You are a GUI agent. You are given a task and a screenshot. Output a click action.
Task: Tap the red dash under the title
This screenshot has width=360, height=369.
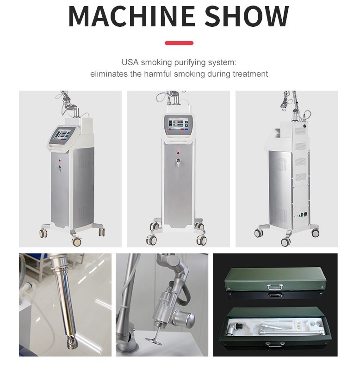click(179, 43)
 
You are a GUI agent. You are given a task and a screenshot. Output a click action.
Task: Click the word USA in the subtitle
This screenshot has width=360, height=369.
click(130, 62)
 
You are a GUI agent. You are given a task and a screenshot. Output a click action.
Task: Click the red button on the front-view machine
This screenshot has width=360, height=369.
click(178, 152)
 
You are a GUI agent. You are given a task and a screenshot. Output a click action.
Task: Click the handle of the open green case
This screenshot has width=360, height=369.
click(274, 344)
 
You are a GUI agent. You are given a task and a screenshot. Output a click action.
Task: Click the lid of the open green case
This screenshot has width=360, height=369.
click(275, 313)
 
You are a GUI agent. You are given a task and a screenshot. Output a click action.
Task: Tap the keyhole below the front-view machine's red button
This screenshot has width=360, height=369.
click(178, 162)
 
